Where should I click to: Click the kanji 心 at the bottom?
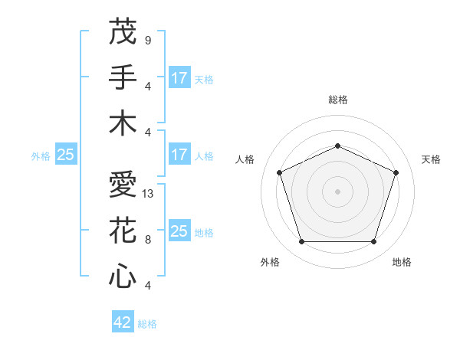[x=123, y=276]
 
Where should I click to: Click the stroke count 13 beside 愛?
[x=149, y=194]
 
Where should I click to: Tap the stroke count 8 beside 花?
[x=148, y=240]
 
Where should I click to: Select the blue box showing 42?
[x=123, y=322]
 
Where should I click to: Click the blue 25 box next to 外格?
[x=65, y=155]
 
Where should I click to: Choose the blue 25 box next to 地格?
[x=179, y=232]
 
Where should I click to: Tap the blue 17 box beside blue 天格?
[x=179, y=78]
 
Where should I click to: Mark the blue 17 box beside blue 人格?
[x=179, y=155]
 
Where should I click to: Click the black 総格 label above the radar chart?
[x=337, y=100]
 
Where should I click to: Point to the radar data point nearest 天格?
[x=396, y=172]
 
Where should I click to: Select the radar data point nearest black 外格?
[x=301, y=242]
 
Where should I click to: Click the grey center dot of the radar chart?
[x=337, y=191]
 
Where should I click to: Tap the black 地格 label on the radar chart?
[x=402, y=262]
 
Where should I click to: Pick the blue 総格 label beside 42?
[x=147, y=324]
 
